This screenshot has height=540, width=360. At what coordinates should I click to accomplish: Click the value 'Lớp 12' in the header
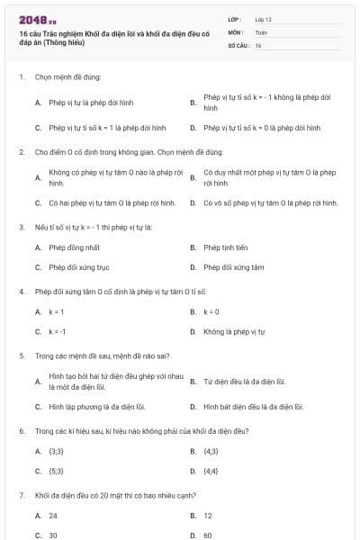tap(263, 19)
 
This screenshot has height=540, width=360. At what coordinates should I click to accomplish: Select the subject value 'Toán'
tap(261, 31)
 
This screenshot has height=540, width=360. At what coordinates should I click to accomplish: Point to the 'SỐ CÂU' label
tap(238, 44)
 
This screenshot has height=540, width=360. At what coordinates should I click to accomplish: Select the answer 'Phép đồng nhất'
tap(75, 247)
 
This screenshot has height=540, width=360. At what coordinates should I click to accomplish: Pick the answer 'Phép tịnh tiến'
tap(224, 247)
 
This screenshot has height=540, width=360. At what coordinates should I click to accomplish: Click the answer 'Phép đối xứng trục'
tap(79, 267)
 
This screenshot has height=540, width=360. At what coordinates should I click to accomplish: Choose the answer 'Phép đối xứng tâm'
tap(233, 267)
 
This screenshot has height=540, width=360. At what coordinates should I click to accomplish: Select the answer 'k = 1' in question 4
tap(57, 311)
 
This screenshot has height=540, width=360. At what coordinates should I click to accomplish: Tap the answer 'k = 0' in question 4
tap(211, 311)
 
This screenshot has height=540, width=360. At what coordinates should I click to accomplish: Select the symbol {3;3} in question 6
tap(56, 451)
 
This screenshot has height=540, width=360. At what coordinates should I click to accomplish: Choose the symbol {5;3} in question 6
tap(56, 472)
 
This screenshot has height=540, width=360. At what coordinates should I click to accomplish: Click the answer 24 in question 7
tap(53, 516)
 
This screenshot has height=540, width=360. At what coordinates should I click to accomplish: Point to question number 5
tap(21, 355)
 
